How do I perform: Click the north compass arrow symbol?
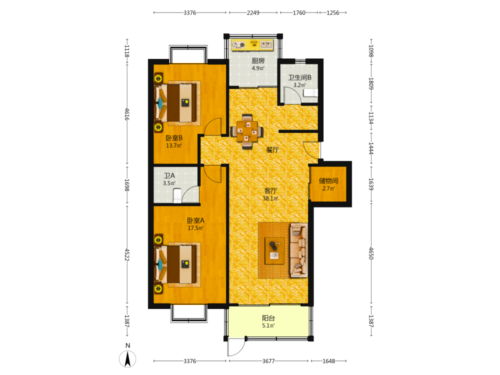point(127,358)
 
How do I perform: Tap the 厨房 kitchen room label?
point(258,60)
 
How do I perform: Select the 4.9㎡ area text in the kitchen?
point(258,68)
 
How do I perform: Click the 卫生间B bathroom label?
point(299,77)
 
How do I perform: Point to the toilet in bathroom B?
point(310,93)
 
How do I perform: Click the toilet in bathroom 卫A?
point(177,195)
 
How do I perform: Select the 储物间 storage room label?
point(328,181)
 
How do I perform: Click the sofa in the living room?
point(299,250)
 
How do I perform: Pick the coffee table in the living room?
point(275,250)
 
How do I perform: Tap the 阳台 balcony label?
point(268,318)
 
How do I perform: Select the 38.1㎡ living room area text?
point(270,198)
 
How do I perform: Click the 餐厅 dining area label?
point(272,149)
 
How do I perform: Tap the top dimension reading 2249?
point(253,13)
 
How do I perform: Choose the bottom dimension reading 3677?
point(268,361)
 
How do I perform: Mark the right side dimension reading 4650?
point(371,253)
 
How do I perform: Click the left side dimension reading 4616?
point(127,114)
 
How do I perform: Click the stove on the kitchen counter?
point(238,45)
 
